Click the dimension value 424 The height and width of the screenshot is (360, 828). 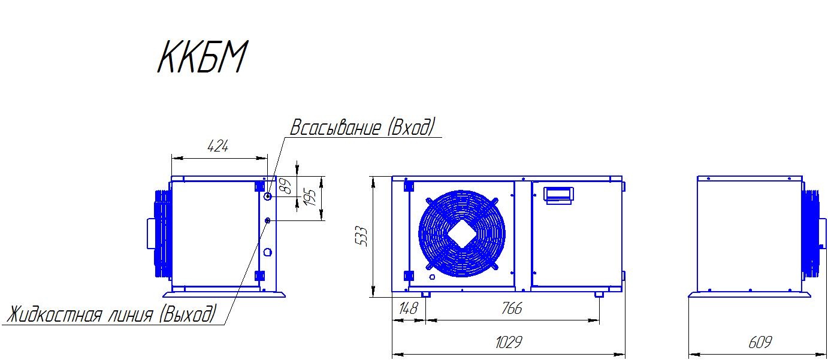pos(218,147)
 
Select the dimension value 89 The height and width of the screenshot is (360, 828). pos(286,186)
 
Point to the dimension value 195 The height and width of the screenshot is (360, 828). pos(310,198)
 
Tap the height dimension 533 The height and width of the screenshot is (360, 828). pos(361,236)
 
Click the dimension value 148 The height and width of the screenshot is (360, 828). pos(408,308)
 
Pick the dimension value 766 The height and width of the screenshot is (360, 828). pos(512,308)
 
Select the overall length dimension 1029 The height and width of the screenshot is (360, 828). pos(509,342)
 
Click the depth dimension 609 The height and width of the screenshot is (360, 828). pos(760,342)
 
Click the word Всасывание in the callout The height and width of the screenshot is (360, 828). pos(336,128)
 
